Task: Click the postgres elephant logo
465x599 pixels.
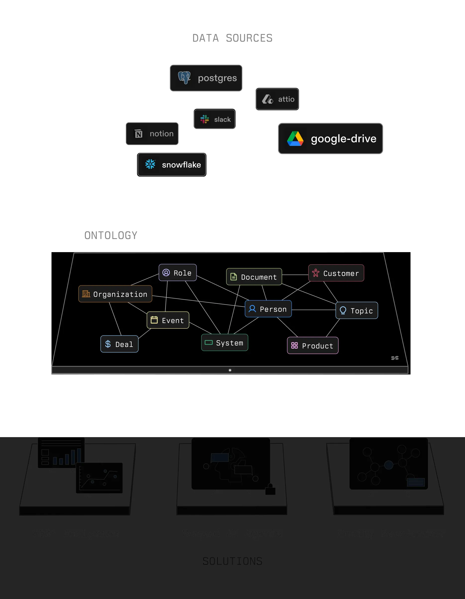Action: pos(184,78)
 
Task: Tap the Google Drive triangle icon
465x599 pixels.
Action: pos(295,138)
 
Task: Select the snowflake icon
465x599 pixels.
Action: pos(150,164)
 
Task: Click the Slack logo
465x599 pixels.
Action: pos(205,119)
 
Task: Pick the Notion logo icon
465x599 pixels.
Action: pos(139,134)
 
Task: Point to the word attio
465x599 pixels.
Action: pos(286,99)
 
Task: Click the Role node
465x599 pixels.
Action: pos(178,273)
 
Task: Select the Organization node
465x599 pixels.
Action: pos(115,294)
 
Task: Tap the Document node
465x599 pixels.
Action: pos(254,277)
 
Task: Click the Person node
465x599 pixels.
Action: pos(268,309)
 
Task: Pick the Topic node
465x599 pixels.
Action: pos(357,311)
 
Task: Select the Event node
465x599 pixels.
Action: pos(168,320)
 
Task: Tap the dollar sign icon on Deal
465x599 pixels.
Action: pos(108,344)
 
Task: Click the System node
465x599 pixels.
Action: pos(225,343)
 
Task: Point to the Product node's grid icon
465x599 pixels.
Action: pos(294,346)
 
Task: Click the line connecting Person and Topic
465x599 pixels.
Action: pos(313,310)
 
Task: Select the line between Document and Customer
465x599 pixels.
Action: pos(295,275)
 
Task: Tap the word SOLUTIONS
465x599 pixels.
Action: pos(232,561)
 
